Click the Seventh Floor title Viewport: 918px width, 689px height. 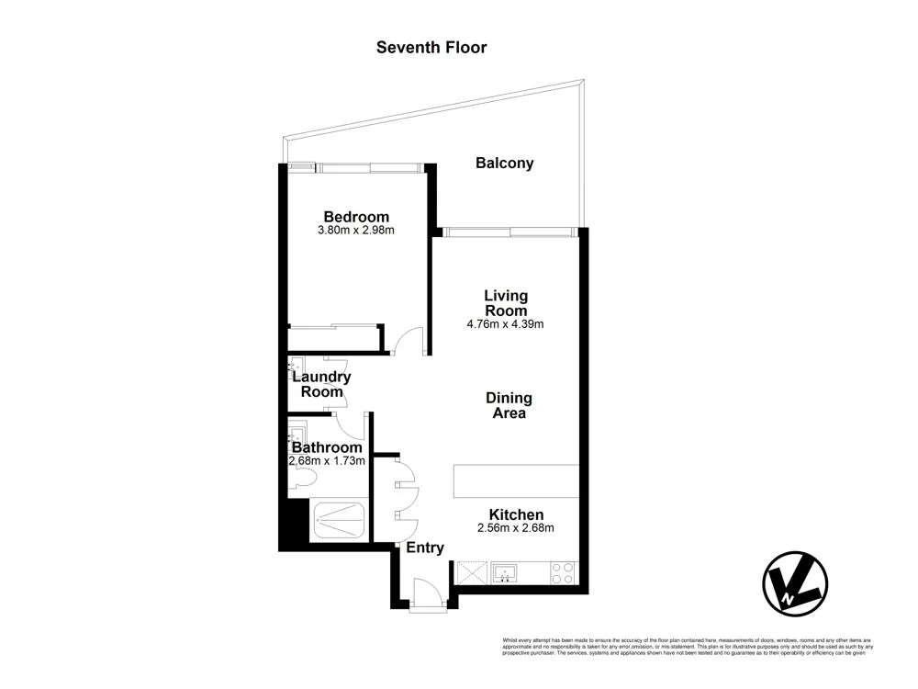point(431,47)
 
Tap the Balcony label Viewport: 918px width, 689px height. point(504,164)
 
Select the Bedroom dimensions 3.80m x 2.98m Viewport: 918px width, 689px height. point(355,231)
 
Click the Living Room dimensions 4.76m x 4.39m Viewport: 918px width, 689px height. point(506,324)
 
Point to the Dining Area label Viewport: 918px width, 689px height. point(509,406)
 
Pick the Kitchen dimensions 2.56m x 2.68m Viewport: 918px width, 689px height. point(516,528)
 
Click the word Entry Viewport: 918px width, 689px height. point(425,548)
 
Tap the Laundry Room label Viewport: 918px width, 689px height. point(320,384)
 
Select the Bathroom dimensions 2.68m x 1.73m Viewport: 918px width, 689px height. point(328,461)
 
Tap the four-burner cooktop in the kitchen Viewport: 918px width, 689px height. point(562,574)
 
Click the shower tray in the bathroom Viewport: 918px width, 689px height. point(340,520)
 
